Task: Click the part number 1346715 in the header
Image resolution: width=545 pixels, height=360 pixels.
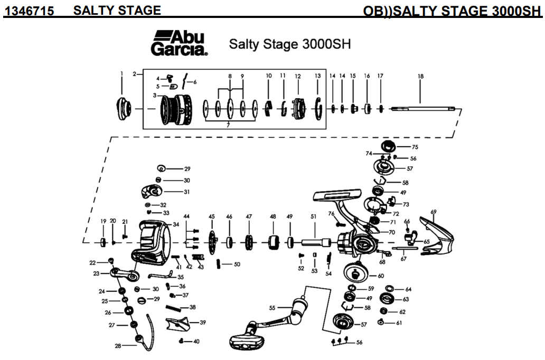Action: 30,10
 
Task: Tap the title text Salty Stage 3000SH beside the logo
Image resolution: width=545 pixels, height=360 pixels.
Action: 289,44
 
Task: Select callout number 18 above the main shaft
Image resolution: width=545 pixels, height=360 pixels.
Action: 420,76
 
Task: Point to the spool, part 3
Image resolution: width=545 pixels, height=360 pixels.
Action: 175,110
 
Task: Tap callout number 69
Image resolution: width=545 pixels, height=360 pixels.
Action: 434,212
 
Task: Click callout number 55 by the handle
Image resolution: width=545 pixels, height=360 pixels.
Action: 272,308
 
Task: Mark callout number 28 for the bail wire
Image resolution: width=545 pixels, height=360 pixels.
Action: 117,346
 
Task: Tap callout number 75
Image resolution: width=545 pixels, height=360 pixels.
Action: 415,147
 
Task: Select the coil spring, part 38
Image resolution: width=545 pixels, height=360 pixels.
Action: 176,307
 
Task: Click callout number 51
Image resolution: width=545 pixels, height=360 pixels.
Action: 313,217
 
